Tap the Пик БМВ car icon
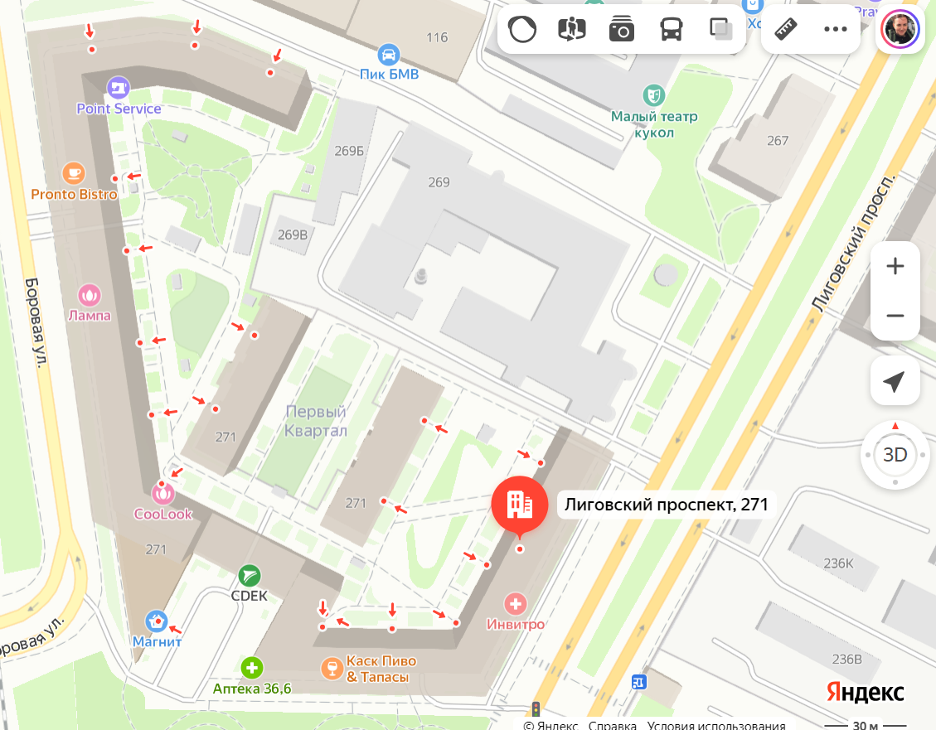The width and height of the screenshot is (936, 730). click(x=387, y=56)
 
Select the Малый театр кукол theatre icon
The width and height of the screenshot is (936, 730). click(x=654, y=94)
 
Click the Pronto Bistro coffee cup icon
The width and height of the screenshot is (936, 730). click(x=74, y=173)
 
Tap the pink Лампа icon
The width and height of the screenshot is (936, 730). click(x=90, y=294)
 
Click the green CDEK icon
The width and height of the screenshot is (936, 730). click(x=249, y=575)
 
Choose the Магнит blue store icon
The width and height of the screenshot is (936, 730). click(x=157, y=621)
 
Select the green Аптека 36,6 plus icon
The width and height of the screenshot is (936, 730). click(x=252, y=667)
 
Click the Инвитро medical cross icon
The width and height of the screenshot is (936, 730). click(x=516, y=603)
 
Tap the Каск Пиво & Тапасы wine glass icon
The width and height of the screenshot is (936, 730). click(x=332, y=668)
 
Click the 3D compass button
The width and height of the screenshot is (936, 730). click(x=895, y=454)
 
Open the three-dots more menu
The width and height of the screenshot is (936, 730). click(x=835, y=30)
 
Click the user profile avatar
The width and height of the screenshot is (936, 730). click(x=900, y=31)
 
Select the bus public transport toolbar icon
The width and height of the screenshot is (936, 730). click(x=671, y=30)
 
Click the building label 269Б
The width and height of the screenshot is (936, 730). click(x=349, y=151)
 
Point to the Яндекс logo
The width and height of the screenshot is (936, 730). click(x=865, y=692)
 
